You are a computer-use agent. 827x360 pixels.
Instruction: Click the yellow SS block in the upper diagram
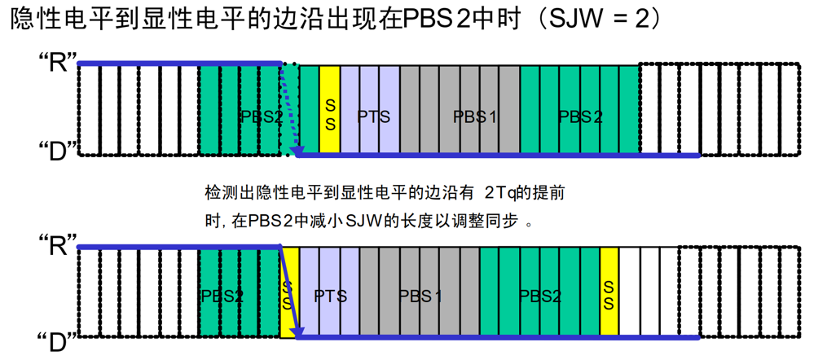coord(330,109)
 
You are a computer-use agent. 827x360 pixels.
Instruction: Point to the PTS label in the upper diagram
coord(373,116)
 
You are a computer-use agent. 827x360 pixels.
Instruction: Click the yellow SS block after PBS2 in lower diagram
coord(609,292)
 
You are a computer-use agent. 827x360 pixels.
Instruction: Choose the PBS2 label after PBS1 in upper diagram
coord(580,116)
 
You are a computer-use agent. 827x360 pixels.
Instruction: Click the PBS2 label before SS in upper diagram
coord(261,116)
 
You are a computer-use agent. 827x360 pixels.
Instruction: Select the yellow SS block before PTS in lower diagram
coord(288,293)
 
